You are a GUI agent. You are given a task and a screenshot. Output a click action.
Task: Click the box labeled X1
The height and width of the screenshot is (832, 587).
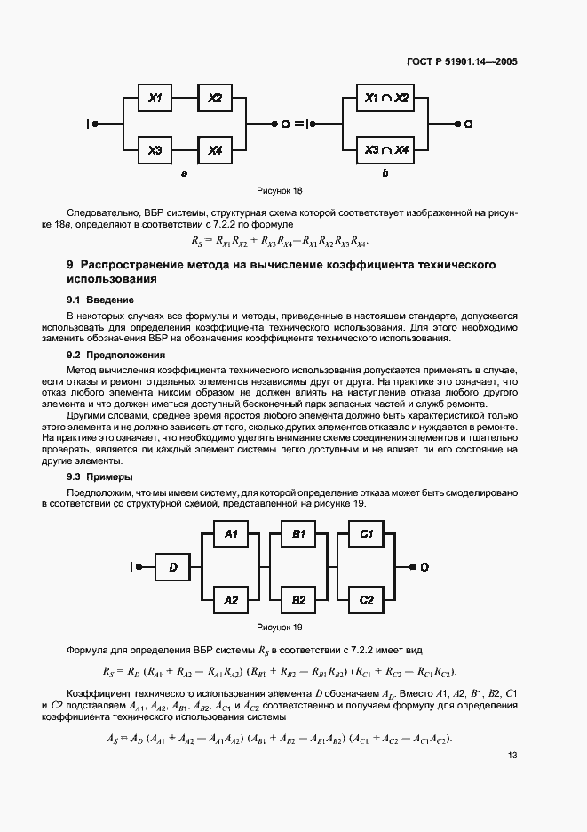pos(155,99)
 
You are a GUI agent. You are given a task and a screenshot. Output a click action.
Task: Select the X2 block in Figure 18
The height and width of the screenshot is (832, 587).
pos(214,99)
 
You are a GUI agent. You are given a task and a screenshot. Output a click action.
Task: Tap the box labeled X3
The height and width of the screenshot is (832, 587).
pos(155,150)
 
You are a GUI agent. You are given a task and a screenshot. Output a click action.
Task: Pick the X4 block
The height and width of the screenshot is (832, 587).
pos(214,150)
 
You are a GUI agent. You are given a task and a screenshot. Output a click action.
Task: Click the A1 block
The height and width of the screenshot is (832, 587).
pos(231,534)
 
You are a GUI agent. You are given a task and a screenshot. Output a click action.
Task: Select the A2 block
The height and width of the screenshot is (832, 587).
pos(231,600)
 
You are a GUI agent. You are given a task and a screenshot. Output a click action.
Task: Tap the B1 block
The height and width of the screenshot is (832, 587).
pos(297,534)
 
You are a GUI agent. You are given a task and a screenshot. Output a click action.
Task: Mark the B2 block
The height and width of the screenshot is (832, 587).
pos(297,600)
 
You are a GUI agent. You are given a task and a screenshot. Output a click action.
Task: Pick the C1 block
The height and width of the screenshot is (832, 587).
pos(365,534)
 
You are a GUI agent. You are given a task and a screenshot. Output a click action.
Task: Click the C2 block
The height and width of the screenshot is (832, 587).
pos(365,600)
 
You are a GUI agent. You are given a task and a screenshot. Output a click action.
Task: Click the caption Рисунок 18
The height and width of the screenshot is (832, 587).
pos(280,190)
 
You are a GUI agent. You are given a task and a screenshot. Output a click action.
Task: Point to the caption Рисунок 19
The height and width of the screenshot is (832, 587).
pos(280,628)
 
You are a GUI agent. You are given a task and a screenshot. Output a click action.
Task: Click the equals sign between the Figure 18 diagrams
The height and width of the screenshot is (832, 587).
pos(298,124)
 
